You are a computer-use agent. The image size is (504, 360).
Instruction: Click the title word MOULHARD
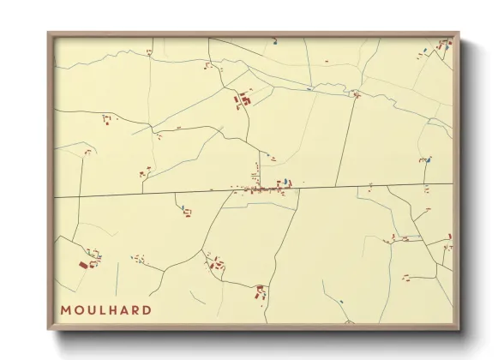pos(106,309)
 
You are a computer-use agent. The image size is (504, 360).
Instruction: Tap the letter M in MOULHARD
pos(65,309)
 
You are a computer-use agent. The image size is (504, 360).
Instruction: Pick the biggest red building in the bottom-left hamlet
pos(84,266)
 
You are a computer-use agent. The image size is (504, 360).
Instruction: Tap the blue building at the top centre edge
pos(275,40)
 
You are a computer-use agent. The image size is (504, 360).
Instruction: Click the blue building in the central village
pos(279,182)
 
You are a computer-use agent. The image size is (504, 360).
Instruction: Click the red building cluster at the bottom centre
pos(260,292)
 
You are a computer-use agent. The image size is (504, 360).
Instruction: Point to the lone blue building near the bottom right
pos(341,301)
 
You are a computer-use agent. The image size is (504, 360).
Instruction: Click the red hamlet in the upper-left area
pos(107,119)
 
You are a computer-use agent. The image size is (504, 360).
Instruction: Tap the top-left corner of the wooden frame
pos(50,34)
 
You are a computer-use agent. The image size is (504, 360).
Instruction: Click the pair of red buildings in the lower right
pos(407,277)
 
